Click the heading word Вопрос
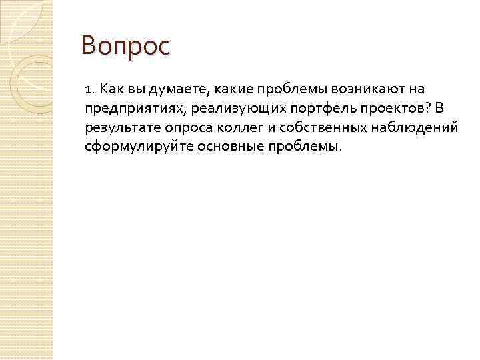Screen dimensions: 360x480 126,47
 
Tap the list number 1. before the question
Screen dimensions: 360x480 90,89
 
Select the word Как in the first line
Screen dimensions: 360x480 111,89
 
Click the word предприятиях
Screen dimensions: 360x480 129,108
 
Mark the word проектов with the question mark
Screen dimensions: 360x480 362,108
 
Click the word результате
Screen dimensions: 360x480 119,127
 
